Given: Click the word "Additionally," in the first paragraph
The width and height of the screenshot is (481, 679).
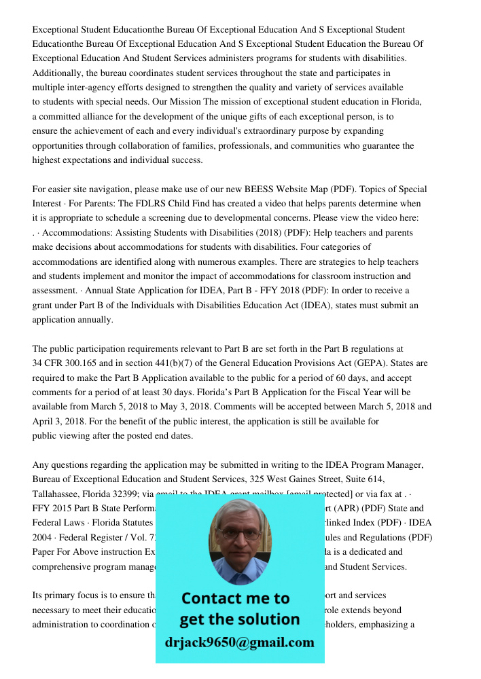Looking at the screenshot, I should (55, 73).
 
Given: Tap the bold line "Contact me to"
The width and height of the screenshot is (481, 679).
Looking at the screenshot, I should (236, 598).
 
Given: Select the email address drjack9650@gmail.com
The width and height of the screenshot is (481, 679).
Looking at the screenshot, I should (240, 642).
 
